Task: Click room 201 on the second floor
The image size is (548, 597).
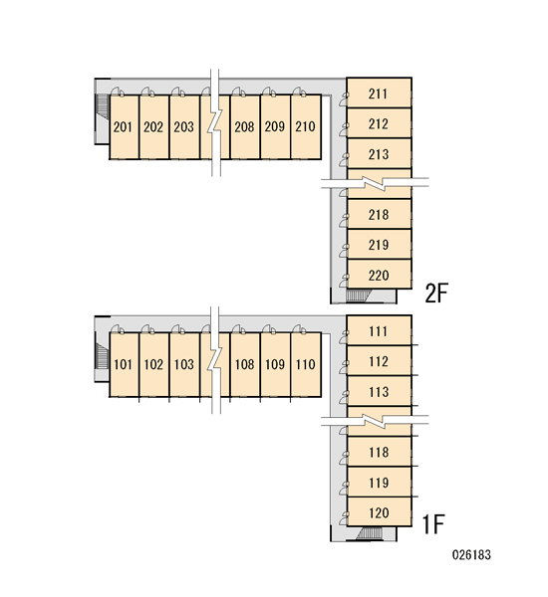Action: click(125, 126)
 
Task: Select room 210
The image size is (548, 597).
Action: click(306, 126)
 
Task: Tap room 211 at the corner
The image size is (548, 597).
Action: click(379, 93)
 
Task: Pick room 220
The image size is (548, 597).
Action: click(379, 275)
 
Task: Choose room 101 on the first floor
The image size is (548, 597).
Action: click(125, 364)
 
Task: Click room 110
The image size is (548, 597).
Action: click(306, 364)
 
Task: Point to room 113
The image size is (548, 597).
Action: click(379, 391)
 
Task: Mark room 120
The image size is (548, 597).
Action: click(379, 511)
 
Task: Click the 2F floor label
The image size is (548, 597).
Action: click(436, 293)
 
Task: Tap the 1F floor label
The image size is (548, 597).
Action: click(434, 524)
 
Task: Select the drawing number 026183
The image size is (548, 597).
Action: click(471, 555)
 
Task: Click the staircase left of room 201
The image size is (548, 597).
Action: click(103, 106)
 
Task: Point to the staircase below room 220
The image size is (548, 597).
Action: click(359, 296)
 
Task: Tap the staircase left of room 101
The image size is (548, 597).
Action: click(103, 355)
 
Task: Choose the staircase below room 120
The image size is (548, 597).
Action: click(369, 533)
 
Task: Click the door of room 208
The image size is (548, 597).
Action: click(239, 92)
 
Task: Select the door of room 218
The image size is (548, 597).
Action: click(344, 221)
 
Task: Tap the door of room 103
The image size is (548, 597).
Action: click(178, 329)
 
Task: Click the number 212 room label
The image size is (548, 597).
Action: click(379, 123)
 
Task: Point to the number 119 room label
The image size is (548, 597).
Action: click(379, 483)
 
